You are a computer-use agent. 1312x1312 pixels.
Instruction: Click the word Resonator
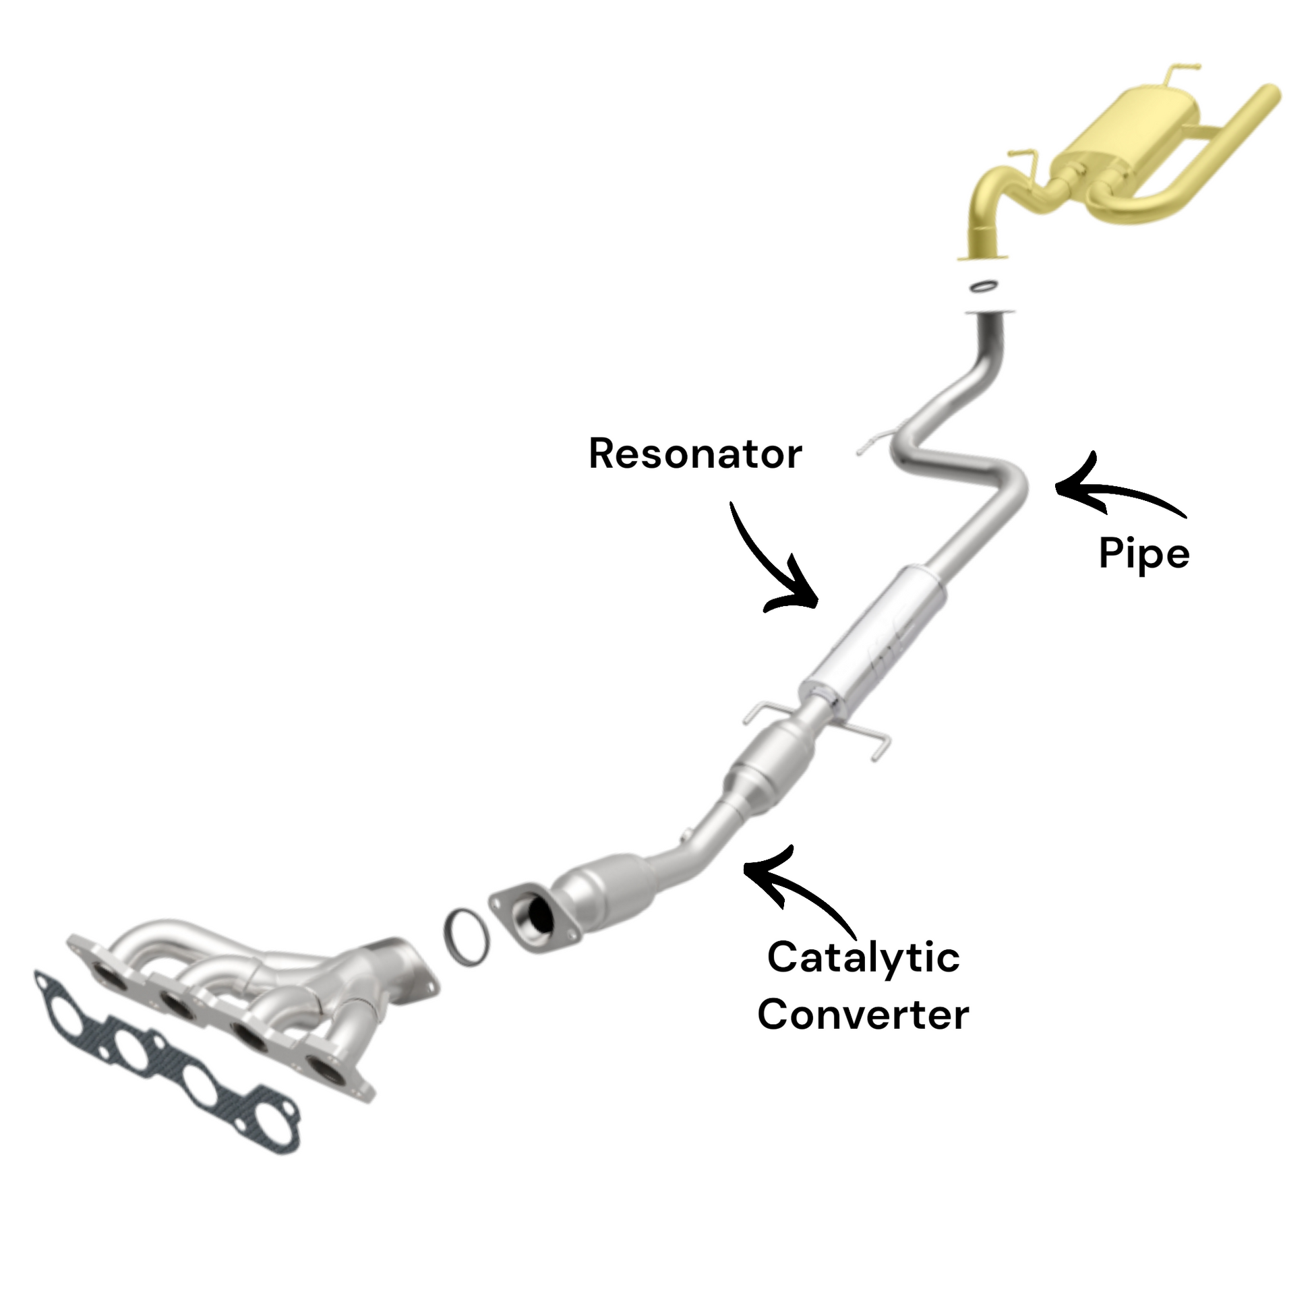[695, 454]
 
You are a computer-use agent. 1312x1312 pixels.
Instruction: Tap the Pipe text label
[1144, 554]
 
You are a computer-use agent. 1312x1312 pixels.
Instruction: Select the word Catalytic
[863, 957]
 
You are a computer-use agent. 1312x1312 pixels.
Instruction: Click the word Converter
[863, 1015]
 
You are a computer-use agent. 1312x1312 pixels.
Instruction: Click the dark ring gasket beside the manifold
[466, 937]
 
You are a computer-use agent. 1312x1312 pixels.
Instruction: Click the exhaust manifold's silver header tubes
[258, 971]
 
